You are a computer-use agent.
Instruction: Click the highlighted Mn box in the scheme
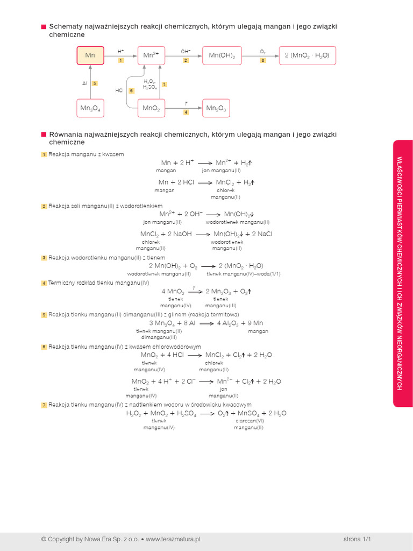[x=90, y=55]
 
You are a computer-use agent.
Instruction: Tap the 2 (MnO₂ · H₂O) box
[x=307, y=55]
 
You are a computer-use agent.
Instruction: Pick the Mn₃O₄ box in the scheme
[x=90, y=108]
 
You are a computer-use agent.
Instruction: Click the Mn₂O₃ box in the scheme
[x=216, y=108]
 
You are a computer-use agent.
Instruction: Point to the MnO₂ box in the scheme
[x=151, y=108]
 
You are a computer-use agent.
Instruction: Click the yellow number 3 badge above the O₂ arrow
[x=263, y=60]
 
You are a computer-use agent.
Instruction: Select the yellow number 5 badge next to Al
[x=95, y=83]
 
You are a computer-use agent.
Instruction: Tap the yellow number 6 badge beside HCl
[x=131, y=90]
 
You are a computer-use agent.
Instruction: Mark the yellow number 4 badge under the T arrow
[x=186, y=112]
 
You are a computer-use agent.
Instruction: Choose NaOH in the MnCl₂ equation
[x=182, y=234]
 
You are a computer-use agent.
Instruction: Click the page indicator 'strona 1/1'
[x=358, y=538]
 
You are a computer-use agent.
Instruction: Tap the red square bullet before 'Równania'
[x=44, y=134]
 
